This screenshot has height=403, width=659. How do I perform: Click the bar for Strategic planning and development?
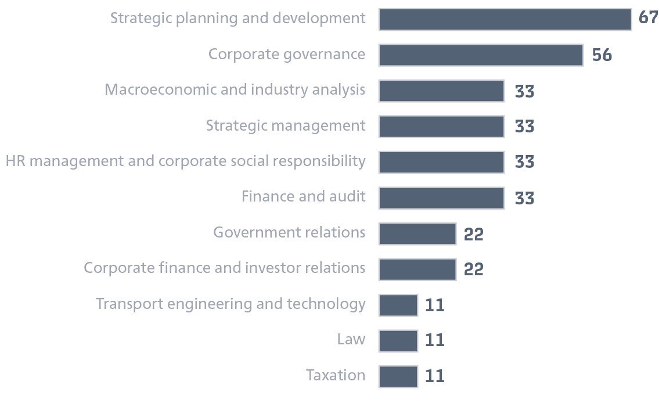coord(505,19)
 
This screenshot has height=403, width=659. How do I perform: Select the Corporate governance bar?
coord(481,55)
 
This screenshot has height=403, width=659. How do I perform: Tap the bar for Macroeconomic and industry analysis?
coord(441,91)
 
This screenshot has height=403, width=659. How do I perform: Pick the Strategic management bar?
coord(441,127)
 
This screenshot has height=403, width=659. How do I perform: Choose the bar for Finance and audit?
coord(441,198)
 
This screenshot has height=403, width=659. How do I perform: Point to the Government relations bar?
coord(417,234)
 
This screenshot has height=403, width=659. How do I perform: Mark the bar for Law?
coord(398,340)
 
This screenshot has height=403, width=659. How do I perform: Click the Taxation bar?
coord(398,376)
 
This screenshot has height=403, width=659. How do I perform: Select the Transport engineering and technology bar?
coord(398,305)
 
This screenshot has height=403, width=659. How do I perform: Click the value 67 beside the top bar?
coord(648,18)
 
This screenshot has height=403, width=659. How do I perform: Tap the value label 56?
coord(602,55)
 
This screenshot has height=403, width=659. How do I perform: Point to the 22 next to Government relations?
coord(473,234)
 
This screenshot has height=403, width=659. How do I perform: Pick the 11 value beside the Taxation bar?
coord(434,376)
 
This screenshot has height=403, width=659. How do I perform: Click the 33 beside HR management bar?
coord(524,162)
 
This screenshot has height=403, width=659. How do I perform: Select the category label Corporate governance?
coord(287,55)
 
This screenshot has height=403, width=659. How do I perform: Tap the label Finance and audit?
coord(304,197)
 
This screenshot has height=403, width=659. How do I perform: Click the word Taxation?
coord(336,375)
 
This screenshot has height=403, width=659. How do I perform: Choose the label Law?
coord(351,340)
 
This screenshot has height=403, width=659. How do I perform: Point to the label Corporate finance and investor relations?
coord(225,268)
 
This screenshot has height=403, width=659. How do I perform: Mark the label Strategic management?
coord(286,126)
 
